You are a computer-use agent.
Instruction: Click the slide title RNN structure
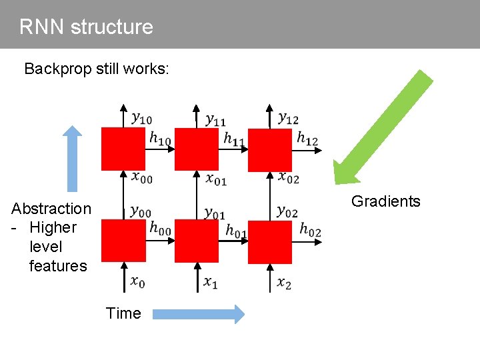click(86, 27)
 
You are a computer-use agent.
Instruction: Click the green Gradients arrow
click(383, 127)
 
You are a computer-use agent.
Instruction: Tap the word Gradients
click(385, 201)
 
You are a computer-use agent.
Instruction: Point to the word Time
click(123, 313)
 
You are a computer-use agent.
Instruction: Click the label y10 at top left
click(141, 119)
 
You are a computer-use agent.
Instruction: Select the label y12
click(288, 118)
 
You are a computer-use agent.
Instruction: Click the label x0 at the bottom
click(137, 282)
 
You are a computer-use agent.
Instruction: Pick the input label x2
click(284, 283)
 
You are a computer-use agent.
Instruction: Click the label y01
click(214, 213)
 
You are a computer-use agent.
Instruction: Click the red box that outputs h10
click(123, 149)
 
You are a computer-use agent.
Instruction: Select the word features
click(58, 266)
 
